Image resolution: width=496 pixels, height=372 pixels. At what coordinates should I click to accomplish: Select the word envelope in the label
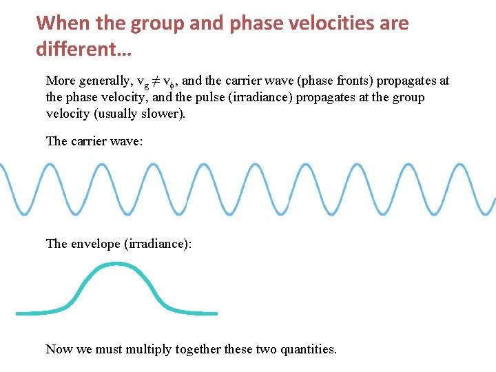coord(95,244)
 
